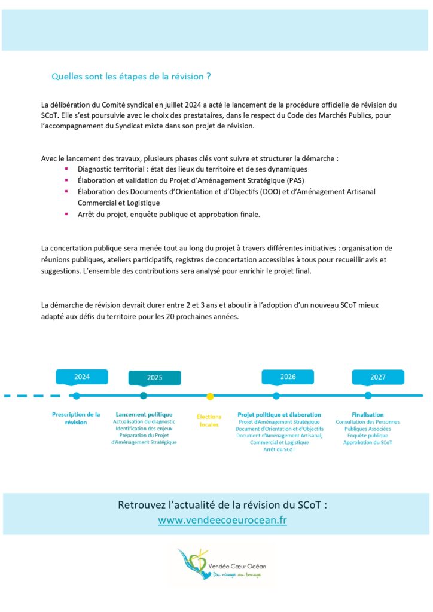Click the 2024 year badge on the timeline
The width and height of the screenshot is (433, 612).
point(82,377)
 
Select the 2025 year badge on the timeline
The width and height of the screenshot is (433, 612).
point(154,378)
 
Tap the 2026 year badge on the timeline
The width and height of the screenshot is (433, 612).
point(288,377)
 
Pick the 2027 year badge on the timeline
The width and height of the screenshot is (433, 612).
point(377,377)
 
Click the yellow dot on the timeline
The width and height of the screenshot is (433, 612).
point(210,396)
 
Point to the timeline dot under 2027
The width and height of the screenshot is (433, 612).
point(368,396)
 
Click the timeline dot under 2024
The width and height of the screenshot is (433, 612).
point(76,396)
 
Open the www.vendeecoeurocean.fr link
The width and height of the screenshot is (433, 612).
point(222,520)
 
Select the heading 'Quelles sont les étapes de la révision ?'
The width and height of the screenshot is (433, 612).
point(131,76)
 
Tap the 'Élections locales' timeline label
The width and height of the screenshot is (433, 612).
point(209,420)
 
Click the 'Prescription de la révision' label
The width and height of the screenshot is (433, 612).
point(76,418)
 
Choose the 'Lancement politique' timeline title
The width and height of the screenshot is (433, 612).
point(144,414)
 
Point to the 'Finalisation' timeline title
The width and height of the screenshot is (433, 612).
point(368,414)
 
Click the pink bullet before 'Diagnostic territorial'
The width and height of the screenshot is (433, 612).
point(66,169)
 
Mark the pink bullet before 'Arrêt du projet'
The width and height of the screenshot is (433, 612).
point(66,213)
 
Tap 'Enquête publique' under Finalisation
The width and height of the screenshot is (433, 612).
point(368,436)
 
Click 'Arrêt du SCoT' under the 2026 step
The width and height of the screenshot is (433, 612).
point(279,449)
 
